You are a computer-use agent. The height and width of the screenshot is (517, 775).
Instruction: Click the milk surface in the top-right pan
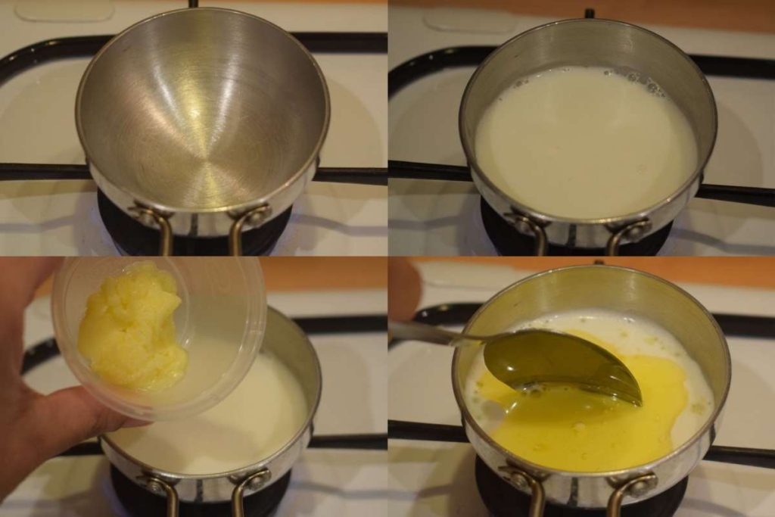(583, 144)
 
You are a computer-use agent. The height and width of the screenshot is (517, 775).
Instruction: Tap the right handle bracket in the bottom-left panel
(250, 484)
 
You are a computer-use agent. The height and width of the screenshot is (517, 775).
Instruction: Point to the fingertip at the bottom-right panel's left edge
(401, 288)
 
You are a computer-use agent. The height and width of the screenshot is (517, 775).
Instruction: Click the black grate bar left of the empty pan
(38, 173)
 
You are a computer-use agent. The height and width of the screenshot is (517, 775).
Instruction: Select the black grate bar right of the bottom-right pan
(745, 454)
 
